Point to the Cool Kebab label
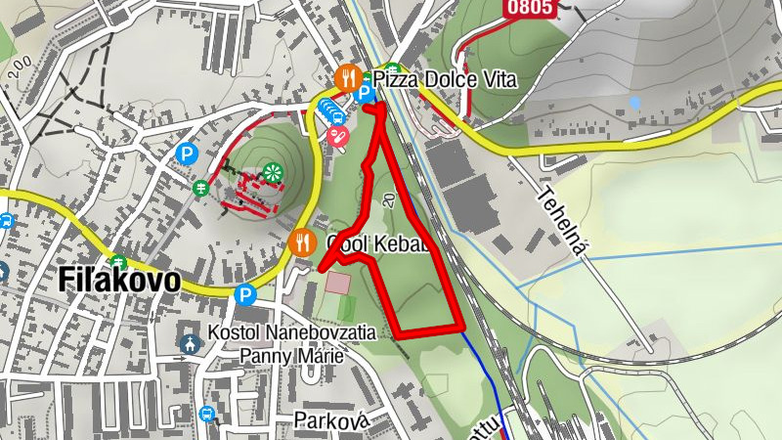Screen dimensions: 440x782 pos(377,243)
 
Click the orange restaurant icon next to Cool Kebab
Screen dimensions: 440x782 pos(302,240)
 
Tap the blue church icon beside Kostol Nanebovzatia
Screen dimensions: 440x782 pos(190,343)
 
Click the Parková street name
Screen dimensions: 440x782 pos(331,419)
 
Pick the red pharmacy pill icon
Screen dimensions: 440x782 pos(339,136)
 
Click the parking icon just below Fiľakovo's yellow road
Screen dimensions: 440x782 pos(245,292)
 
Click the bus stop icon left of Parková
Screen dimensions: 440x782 pos(206,414)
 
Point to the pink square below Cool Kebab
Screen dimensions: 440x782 pos(337,284)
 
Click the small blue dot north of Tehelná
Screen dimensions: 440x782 pos(635,102)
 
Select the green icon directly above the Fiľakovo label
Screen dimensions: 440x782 pos(118,262)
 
